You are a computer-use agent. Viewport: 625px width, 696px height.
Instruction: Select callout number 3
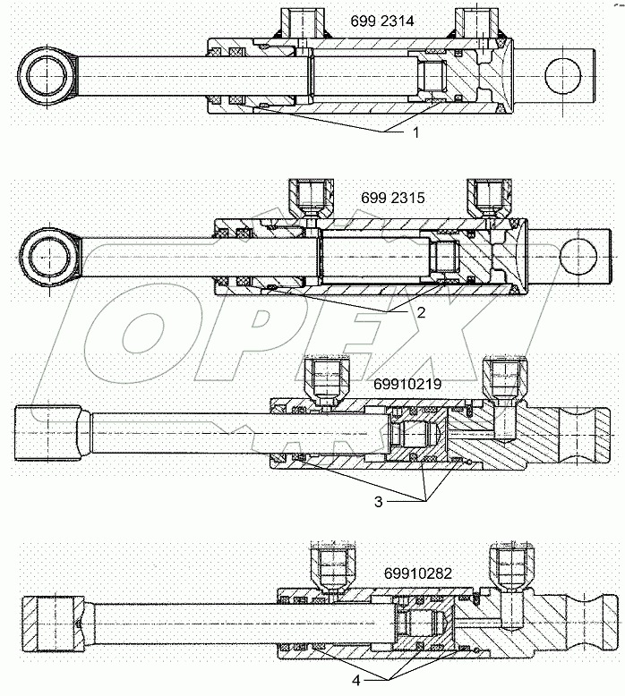point(380,502)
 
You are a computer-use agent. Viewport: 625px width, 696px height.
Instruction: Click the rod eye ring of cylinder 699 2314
point(46,78)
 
